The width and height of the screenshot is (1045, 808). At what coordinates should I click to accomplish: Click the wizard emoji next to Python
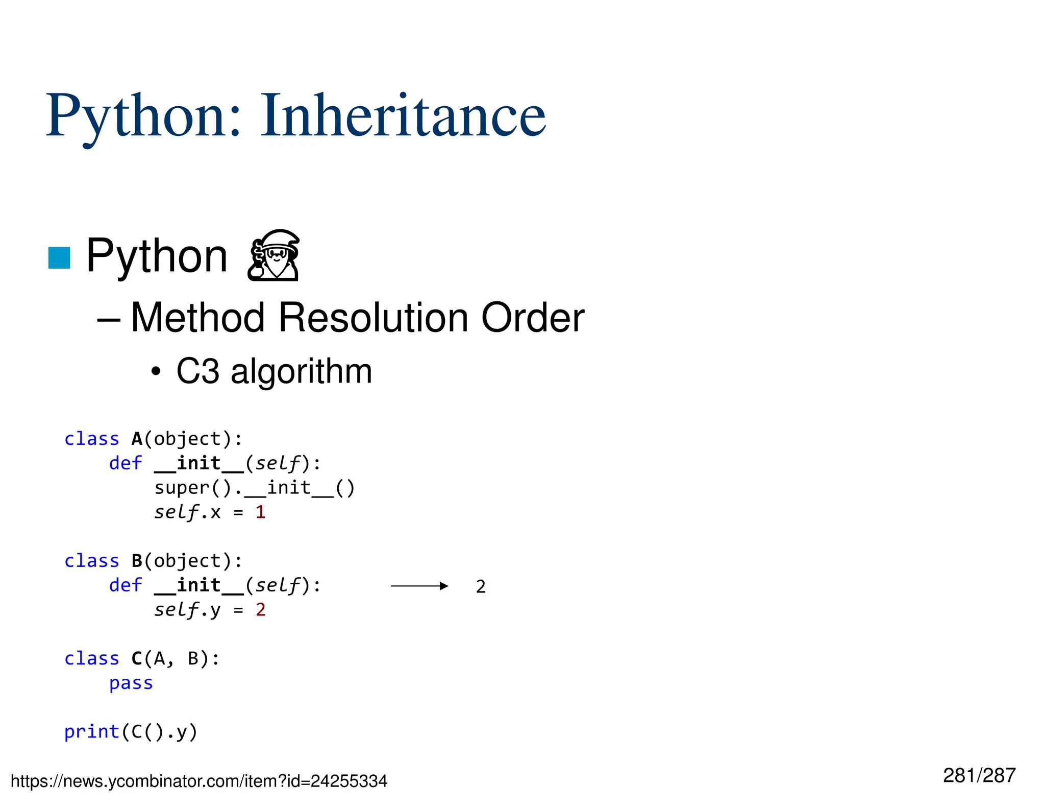pyautogui.click(x=274, y=255)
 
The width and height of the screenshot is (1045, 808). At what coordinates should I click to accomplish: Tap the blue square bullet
pyautogui.click(x=59, y=257)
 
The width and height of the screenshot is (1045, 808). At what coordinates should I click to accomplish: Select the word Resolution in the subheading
pyautogui.click(x=372, y=318)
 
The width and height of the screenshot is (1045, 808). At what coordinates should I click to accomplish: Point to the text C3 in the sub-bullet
pyautogui.click(x=197, y=371)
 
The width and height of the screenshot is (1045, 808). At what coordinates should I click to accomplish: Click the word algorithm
pyautogui.click(x=301, y=371)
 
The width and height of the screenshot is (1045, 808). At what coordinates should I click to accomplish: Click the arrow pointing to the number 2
pyautogui.click(x=419, y=586)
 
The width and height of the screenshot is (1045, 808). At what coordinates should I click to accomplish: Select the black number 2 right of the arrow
pyautogui.click(x=481, y=587)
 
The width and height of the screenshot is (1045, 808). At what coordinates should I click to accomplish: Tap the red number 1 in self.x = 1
pyautogui.click(x=260, y=512)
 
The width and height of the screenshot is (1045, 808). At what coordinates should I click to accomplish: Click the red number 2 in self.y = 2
pyautogui.click(x=260, y=610)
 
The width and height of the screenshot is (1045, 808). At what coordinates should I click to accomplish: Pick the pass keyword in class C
pyautogui.click(x=131, y=683)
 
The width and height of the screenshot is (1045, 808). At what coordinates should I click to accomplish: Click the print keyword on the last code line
pyautogui.click(x=92, y=732)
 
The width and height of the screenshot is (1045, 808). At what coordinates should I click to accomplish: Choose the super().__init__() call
pyautogui.click(x=254, y=488)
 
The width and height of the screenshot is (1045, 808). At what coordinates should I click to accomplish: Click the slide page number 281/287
pyautogui.click(x=979, y=775)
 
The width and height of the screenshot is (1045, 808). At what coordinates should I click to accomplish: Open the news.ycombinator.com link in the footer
pyautogui.click(x=199, y=781)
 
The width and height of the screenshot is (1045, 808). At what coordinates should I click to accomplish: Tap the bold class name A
pyautogui.click(x=137, y=439)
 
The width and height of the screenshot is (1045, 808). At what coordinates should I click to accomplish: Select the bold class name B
pyautogui.click(x=137, y=561)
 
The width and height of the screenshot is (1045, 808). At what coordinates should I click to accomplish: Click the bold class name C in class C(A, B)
pyautogui.click(x=137, y=659)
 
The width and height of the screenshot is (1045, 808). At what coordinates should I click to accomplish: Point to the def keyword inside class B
pyautogui.click(x=126, y=585)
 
